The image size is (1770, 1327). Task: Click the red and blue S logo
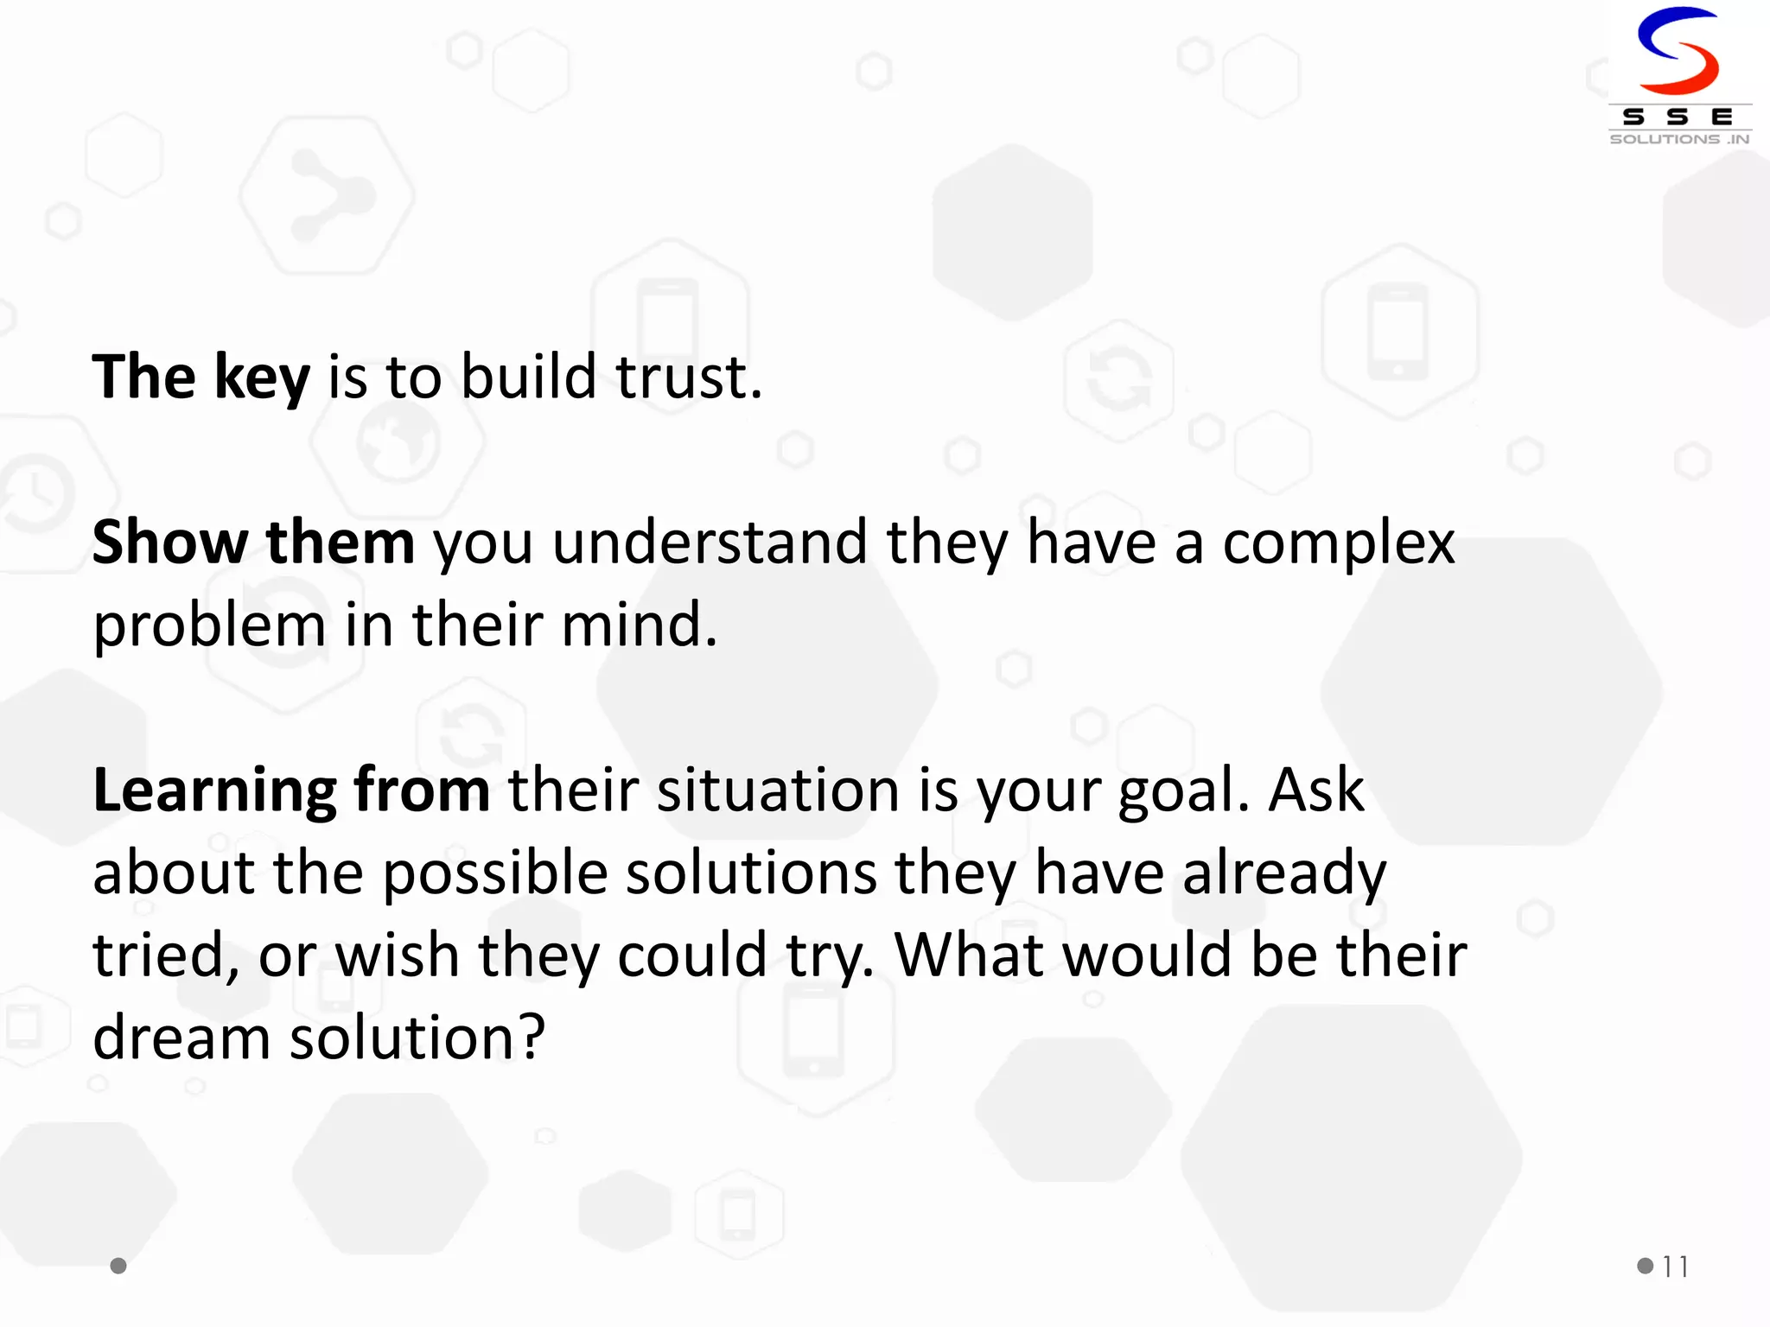[x=1678, y=52]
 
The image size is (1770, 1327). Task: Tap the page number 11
[x=1675, y=1267]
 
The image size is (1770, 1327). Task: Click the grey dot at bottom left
[x=119, y=1266]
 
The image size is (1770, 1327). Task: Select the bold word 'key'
[x=262, y=378]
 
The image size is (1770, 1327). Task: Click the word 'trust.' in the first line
[x=689, y=378]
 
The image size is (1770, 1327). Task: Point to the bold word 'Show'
[x=169, y=543]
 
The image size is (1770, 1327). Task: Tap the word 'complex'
[x=1339, y=544]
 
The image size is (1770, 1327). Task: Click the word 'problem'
[x=208, y=626]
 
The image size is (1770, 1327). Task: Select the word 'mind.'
[x=640, y=625]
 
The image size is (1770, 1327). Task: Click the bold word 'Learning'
[x=214, y=791]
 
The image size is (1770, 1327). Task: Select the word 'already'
[x=1284, y=873]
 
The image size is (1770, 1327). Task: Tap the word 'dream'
[x=181, y=1037]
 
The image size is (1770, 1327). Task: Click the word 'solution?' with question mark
[x=417, y=1037]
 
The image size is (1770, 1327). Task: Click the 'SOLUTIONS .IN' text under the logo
[x=1679, y=139]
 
